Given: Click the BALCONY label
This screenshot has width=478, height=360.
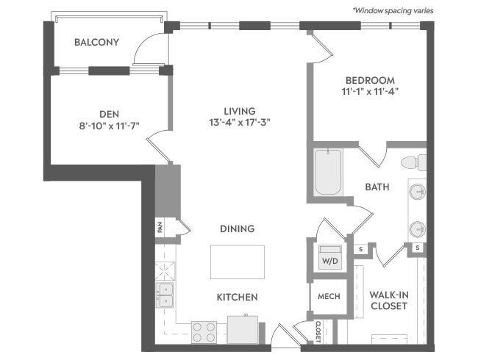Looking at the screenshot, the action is pyautogui.click(x=96, y=42).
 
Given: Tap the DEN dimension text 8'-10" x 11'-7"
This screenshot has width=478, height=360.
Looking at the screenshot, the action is pyautogui.click(x=109, y=126).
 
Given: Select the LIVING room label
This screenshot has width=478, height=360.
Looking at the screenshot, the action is pyautogui.click(x=240, y=111).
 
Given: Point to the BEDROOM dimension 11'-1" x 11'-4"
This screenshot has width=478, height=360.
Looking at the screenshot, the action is pyautogui.click(x=370, y=91).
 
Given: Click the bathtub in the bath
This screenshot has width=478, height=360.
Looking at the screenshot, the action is pyautogui.click(x=328, y=172).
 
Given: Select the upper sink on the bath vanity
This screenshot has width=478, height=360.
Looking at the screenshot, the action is pyautogui.click(x=418, y=192).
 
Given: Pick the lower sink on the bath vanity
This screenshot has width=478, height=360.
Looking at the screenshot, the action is pyautogui.click(x=418, y=229).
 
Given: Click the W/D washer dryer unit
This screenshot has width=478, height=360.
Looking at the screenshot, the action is pyautogui.click(x=330, y=257).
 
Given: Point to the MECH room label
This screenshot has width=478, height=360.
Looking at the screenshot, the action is pyautogui.click(x=329, y=296).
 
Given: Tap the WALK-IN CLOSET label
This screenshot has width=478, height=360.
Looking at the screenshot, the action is pyautogui.click(x=389, y=300).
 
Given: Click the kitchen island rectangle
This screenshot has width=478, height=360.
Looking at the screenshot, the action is pyautogui.click(x=238, y=262).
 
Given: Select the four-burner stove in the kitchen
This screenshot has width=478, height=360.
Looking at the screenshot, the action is pyautogui.click(x=204, y=332).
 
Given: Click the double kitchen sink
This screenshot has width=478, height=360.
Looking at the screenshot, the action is pyautogui.click(x=165, y=295).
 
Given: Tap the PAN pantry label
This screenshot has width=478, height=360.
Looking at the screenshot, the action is pyautogui.click(x=160, y=227).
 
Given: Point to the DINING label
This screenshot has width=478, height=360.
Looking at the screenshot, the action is pyautogui.click(x=238, y=228).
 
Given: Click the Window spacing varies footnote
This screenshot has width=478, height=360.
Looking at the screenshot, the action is pyautogui.click(x=393, y=11).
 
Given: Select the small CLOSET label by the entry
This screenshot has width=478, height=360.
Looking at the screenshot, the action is pyautogui.click(x=318, y=332).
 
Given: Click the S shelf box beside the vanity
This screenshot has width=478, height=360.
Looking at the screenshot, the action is pyautogui.click(x=418, y=248).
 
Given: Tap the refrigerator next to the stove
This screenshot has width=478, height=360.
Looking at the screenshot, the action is pyautogui.click(x=243, y=330).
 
